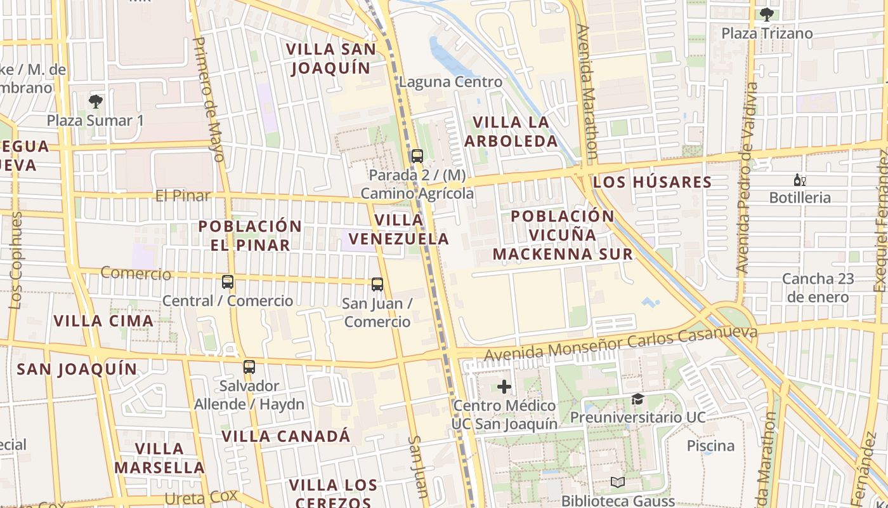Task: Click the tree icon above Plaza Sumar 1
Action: [96, 101]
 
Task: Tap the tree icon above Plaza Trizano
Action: [766, 14]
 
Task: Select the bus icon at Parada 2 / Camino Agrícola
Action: [417, 156]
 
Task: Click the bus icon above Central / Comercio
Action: [228, 281]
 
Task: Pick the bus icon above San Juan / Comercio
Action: [377, 284]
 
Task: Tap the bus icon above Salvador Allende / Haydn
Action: [249, 366]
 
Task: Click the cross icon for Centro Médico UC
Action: [504, 386]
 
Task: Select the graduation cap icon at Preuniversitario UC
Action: [637, 399]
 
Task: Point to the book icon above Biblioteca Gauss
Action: [618, 483]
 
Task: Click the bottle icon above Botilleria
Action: [800, 180]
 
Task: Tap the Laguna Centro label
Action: [450, 82]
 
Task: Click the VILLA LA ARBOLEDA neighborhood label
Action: [511, 131]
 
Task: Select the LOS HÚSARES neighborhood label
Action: [652, 182]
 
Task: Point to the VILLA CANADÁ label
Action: [285, 436]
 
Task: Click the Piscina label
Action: [710, 446]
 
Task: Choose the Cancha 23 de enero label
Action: [818, 288]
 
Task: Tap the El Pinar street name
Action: [183, 196]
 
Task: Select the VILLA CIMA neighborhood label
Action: [103, 321]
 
